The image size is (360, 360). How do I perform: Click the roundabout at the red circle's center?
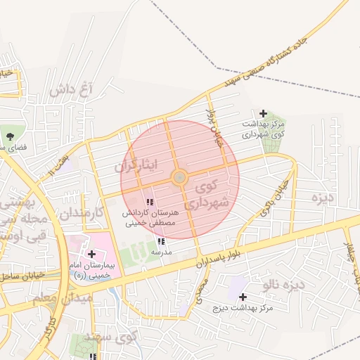[x=180, y=178]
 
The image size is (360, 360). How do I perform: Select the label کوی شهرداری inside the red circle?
[x=210, y=194]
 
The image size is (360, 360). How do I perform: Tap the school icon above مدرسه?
[x=162, y=241]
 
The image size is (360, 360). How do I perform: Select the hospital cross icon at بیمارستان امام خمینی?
[x=92, y=253]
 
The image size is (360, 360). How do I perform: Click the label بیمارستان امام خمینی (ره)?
[x=93, y=271]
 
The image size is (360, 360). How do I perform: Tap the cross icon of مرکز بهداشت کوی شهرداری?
[x=263, y=113]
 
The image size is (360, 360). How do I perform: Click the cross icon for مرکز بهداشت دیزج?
[x=243, y=297]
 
